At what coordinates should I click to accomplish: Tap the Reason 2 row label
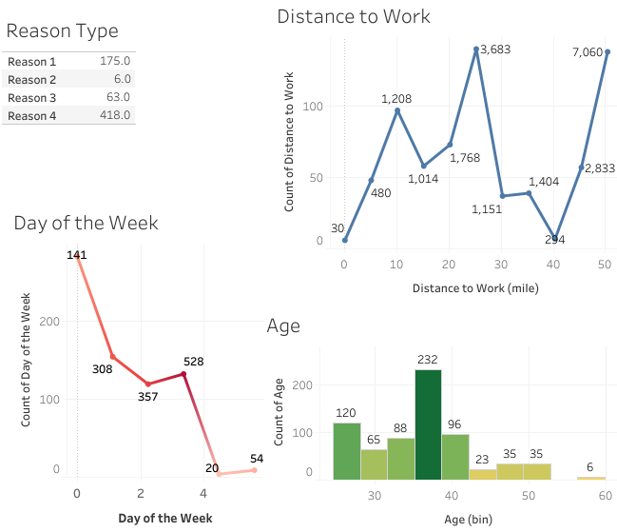click(x=32, y=79)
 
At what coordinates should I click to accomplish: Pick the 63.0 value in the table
click(x=118, y=97)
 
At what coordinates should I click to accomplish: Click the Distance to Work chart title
click(x=353, y=16)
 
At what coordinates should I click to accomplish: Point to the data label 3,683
click(x=495, y=49)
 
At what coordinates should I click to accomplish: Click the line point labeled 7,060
click(x=607, y=51)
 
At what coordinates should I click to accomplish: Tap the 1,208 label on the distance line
click(x=398, y=98)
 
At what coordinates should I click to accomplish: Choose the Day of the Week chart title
click(x=86, y=223)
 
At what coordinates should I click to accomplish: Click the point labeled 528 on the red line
click(x=183, y=374)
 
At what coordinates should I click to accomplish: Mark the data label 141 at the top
click(x=77, y=255)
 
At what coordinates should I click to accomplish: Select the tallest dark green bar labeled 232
click(x=428, y=424)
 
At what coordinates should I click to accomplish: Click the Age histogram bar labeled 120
click(x=346, y=450)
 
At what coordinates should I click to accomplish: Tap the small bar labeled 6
click(x=591, y=477)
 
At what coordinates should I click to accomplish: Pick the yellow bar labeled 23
click(x=482, y=473)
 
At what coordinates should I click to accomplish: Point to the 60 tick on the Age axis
click(x=605, y=495)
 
